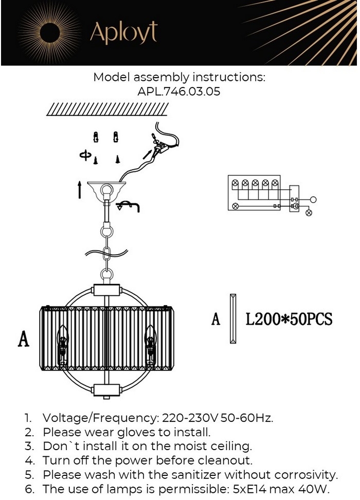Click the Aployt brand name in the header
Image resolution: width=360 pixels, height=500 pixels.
click(123, 33)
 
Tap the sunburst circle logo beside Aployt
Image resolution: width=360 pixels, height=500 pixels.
click(49, 32)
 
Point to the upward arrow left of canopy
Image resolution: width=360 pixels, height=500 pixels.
click(80, 189)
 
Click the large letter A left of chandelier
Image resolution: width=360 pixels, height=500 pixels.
click(23, 340)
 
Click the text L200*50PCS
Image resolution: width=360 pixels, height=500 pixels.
click(289, 319)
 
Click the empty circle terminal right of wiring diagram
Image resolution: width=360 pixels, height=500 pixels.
click(313, 199)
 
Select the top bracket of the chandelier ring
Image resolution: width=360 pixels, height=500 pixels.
click(106, 289)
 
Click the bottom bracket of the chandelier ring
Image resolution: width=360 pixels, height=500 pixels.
click(106, 390)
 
